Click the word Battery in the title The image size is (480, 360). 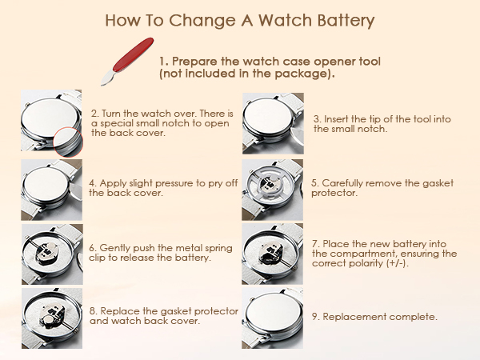point(346,21)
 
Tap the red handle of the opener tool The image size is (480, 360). point(133,54)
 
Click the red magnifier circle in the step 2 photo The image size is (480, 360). point(68,142)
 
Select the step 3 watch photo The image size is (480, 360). point(273,123)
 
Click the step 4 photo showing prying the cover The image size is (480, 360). point(51,190)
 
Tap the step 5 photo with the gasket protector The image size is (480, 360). point(273,190)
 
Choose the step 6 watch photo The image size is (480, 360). point(52,254)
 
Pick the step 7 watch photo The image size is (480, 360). point(273,254)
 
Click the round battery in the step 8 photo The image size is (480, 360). point(49,322)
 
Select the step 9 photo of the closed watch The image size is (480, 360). point(273,318)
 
